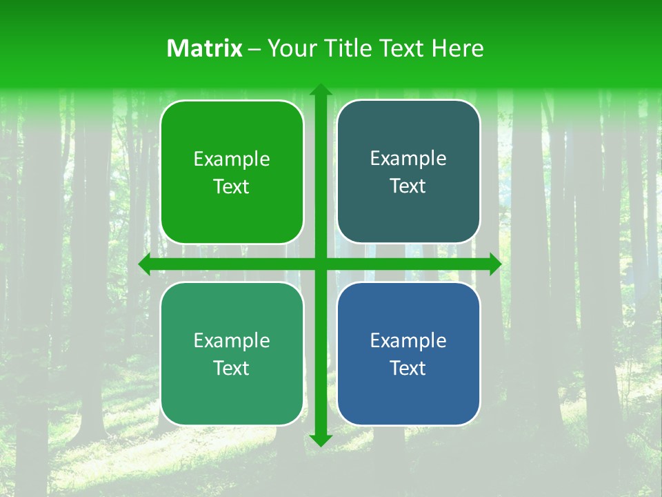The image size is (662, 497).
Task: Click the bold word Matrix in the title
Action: [204, 48]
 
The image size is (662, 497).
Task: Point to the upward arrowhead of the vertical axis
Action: [320, 90]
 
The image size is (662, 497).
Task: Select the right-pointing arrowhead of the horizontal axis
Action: [494, 264]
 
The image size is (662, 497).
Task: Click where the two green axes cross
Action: [320, 264]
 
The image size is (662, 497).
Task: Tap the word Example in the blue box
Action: [408, 340]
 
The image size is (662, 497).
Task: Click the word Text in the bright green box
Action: [232, 187]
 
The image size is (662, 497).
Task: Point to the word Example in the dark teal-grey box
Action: [408, 159]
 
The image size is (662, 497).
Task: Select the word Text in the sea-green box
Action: [232, 369]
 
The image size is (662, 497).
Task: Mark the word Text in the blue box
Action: [408, 369]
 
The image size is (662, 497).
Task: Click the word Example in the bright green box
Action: [232, 159]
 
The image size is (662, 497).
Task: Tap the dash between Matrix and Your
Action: [254, 49]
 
